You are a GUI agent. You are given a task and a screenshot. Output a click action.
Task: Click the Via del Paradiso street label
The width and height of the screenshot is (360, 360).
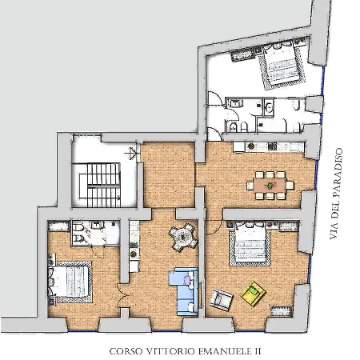(x=335, y=194)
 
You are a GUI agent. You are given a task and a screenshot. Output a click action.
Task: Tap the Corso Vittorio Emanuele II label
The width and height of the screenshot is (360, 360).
(x=185, y=351)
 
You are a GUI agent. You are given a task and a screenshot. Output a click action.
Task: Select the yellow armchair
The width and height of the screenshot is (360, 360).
(x=253, y=294)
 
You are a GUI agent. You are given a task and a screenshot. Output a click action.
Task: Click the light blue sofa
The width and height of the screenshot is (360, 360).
(x=184, y=292)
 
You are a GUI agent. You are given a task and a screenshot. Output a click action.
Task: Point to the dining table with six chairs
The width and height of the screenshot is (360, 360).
(x=270, y=186)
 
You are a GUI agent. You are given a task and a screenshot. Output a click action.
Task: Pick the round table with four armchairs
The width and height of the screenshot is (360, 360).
(x=183, y=237)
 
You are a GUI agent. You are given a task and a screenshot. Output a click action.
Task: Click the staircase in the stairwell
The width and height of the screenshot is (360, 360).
(x=100, y=185)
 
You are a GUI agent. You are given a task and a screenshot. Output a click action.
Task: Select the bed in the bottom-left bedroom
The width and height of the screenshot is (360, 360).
(x=70, y=282)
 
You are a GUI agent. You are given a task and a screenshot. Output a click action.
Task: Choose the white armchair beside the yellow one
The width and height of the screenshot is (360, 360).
(x=221, y=299)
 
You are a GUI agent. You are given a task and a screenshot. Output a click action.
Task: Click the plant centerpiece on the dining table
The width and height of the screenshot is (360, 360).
(x=270, y=186)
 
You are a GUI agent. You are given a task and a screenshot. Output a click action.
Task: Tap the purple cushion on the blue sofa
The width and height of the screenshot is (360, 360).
(x=187, y=280)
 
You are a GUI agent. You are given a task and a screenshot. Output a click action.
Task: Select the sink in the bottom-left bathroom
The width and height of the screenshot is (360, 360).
(x=98, y=225)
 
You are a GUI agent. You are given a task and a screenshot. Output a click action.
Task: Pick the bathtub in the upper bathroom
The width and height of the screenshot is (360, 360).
(x=269, y=108)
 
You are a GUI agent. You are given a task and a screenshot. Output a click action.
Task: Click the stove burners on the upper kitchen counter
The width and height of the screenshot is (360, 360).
(x=272, y=146)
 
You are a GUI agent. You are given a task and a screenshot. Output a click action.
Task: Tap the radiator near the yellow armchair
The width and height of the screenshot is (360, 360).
(x=280, y=310)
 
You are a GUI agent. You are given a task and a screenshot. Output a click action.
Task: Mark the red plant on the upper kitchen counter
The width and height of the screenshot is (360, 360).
(x=251, y=146)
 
